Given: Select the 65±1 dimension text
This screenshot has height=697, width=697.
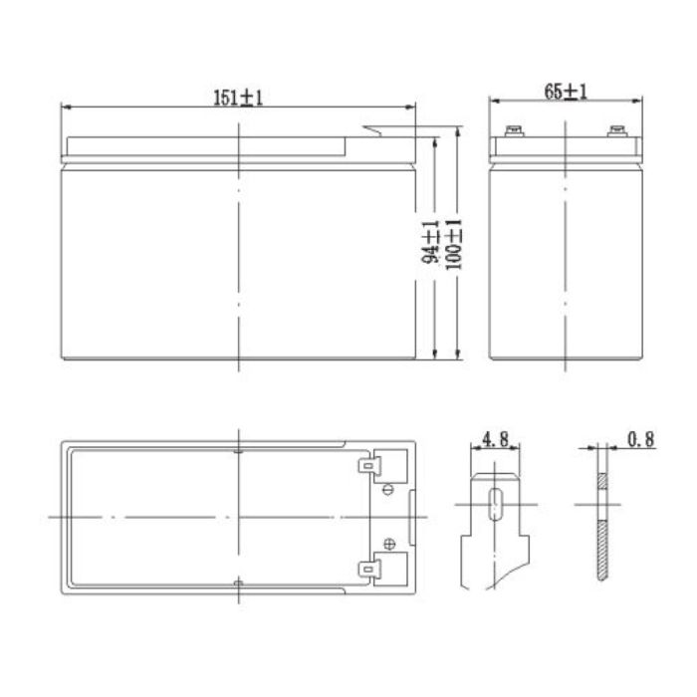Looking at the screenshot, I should point(566,93).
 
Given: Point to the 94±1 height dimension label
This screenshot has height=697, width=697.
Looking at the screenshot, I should point(431,243).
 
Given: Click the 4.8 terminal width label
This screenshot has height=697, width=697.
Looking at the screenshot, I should point(495,439).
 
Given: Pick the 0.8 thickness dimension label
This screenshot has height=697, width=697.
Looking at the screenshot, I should point(642,439).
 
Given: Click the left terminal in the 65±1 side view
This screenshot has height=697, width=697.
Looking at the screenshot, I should point(517,129).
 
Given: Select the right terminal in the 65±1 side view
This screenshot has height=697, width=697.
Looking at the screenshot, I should point(615,129).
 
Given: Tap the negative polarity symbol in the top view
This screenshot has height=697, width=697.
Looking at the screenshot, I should point(387,489).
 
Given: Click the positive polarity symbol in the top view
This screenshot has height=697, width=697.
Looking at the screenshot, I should point(387,544).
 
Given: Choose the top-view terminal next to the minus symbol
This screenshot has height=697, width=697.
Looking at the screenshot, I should point(370,465).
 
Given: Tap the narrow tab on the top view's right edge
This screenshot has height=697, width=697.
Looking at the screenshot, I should point(415,516).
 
